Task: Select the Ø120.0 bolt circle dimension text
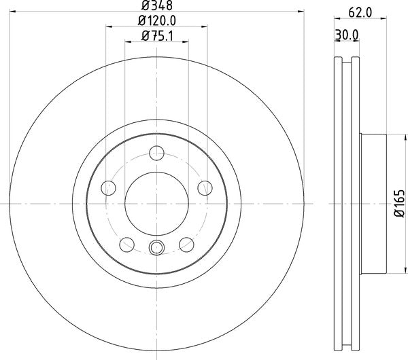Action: click(x=156, y=22)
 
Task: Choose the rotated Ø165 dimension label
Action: click(x=400, y=204)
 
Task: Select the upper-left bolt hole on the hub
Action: click(x=108, y=187)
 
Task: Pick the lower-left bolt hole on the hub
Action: click(x=126, y=244)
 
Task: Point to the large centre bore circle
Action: click(x=156, y=203)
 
